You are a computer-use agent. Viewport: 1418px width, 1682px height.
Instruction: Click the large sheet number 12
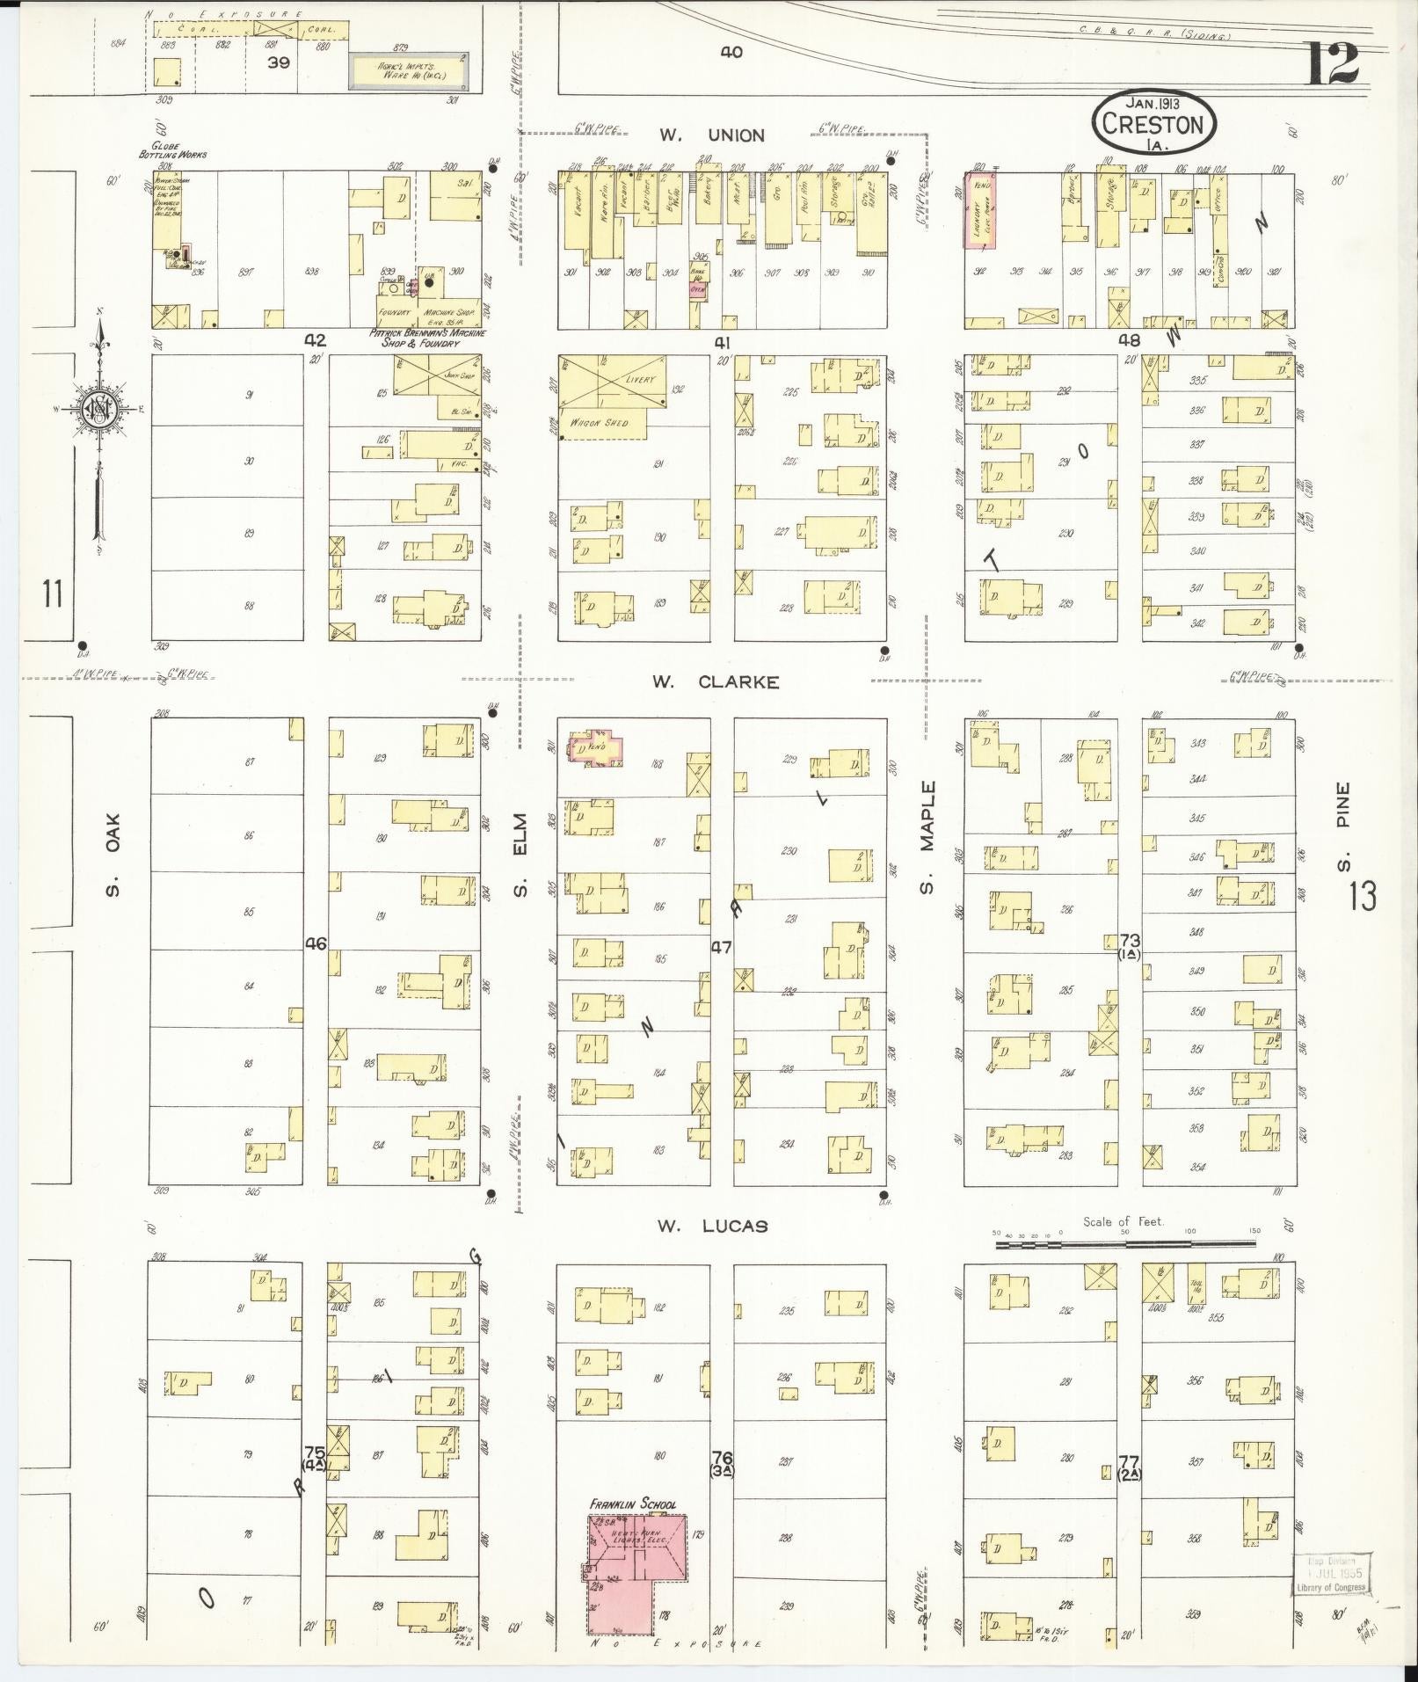click(1332, 64)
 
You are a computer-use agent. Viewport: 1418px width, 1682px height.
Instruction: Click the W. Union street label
click(712, 135)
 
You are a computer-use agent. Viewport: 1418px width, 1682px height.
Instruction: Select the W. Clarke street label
click(716, 682)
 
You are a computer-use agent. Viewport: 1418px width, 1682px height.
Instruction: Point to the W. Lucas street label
click(712, 1226)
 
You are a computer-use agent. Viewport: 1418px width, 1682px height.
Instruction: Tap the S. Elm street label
click(520, 866)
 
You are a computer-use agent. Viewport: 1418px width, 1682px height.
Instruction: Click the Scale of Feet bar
click(1125, 1245)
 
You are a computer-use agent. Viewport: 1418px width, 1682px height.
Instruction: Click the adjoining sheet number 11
click(52, 594)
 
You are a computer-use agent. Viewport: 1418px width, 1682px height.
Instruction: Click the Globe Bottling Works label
click(172, 150)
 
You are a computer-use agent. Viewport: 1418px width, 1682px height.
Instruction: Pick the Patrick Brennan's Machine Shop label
click(427, 338)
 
